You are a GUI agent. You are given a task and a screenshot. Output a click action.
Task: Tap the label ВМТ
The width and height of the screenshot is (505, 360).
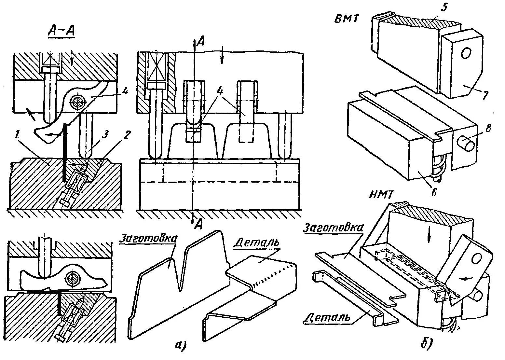(x=347, y=19)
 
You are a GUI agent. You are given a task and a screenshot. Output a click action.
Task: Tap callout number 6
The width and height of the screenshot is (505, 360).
(x=433, y=193)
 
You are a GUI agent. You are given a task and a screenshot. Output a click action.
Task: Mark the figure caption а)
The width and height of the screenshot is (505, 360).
(x=180, y=345)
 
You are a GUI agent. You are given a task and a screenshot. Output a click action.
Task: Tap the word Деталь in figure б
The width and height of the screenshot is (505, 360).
(x=327, y=317)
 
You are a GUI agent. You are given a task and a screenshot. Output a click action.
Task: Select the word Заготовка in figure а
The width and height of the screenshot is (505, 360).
(x=148, y=238)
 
